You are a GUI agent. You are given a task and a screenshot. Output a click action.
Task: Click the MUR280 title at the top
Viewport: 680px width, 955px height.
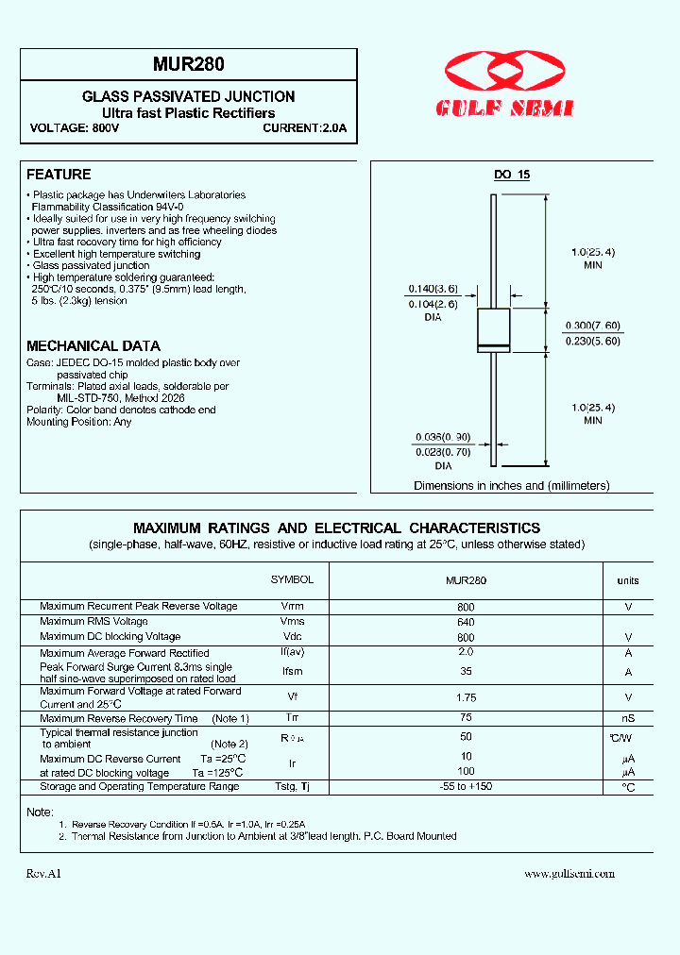point(189,66)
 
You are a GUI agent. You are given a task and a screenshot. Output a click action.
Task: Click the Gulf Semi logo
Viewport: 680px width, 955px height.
point(505,86)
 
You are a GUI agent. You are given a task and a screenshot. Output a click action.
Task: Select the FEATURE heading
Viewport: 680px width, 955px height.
point(59,175)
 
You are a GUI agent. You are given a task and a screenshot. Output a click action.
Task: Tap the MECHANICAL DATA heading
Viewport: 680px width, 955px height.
point(93,346)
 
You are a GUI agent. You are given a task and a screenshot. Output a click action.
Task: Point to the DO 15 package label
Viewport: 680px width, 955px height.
point(513,176)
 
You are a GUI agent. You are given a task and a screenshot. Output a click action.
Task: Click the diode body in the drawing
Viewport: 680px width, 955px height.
point(494,330)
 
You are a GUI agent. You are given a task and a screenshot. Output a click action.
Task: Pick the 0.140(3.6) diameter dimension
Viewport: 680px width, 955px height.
point(433,289)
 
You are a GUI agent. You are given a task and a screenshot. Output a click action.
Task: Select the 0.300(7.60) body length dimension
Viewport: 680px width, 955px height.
point(592,326)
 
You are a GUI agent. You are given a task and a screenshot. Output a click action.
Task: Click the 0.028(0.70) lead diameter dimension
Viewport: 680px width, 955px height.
point(443,452)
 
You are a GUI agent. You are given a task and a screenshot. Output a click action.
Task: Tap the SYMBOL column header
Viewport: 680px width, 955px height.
point(292,579)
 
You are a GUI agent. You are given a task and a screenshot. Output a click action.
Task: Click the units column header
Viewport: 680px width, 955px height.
point(628,581)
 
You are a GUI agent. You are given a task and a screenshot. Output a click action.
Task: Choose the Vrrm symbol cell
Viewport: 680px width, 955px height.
point(293,607)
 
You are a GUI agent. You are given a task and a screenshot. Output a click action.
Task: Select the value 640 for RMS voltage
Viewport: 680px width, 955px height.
point(466,622)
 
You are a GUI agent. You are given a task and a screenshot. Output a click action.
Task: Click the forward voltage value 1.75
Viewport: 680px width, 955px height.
point(466,697)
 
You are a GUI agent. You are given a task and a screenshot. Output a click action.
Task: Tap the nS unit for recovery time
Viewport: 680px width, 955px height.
point(628,719)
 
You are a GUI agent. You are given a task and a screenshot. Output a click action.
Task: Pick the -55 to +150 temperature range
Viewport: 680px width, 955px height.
point(466,787)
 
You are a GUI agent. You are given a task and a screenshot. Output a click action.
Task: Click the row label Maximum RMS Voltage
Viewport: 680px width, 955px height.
point(93,622)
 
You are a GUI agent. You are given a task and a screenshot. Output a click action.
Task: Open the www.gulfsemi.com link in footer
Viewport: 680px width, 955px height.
point(569,874)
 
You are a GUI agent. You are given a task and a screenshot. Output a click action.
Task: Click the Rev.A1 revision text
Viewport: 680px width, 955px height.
point(43,874)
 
